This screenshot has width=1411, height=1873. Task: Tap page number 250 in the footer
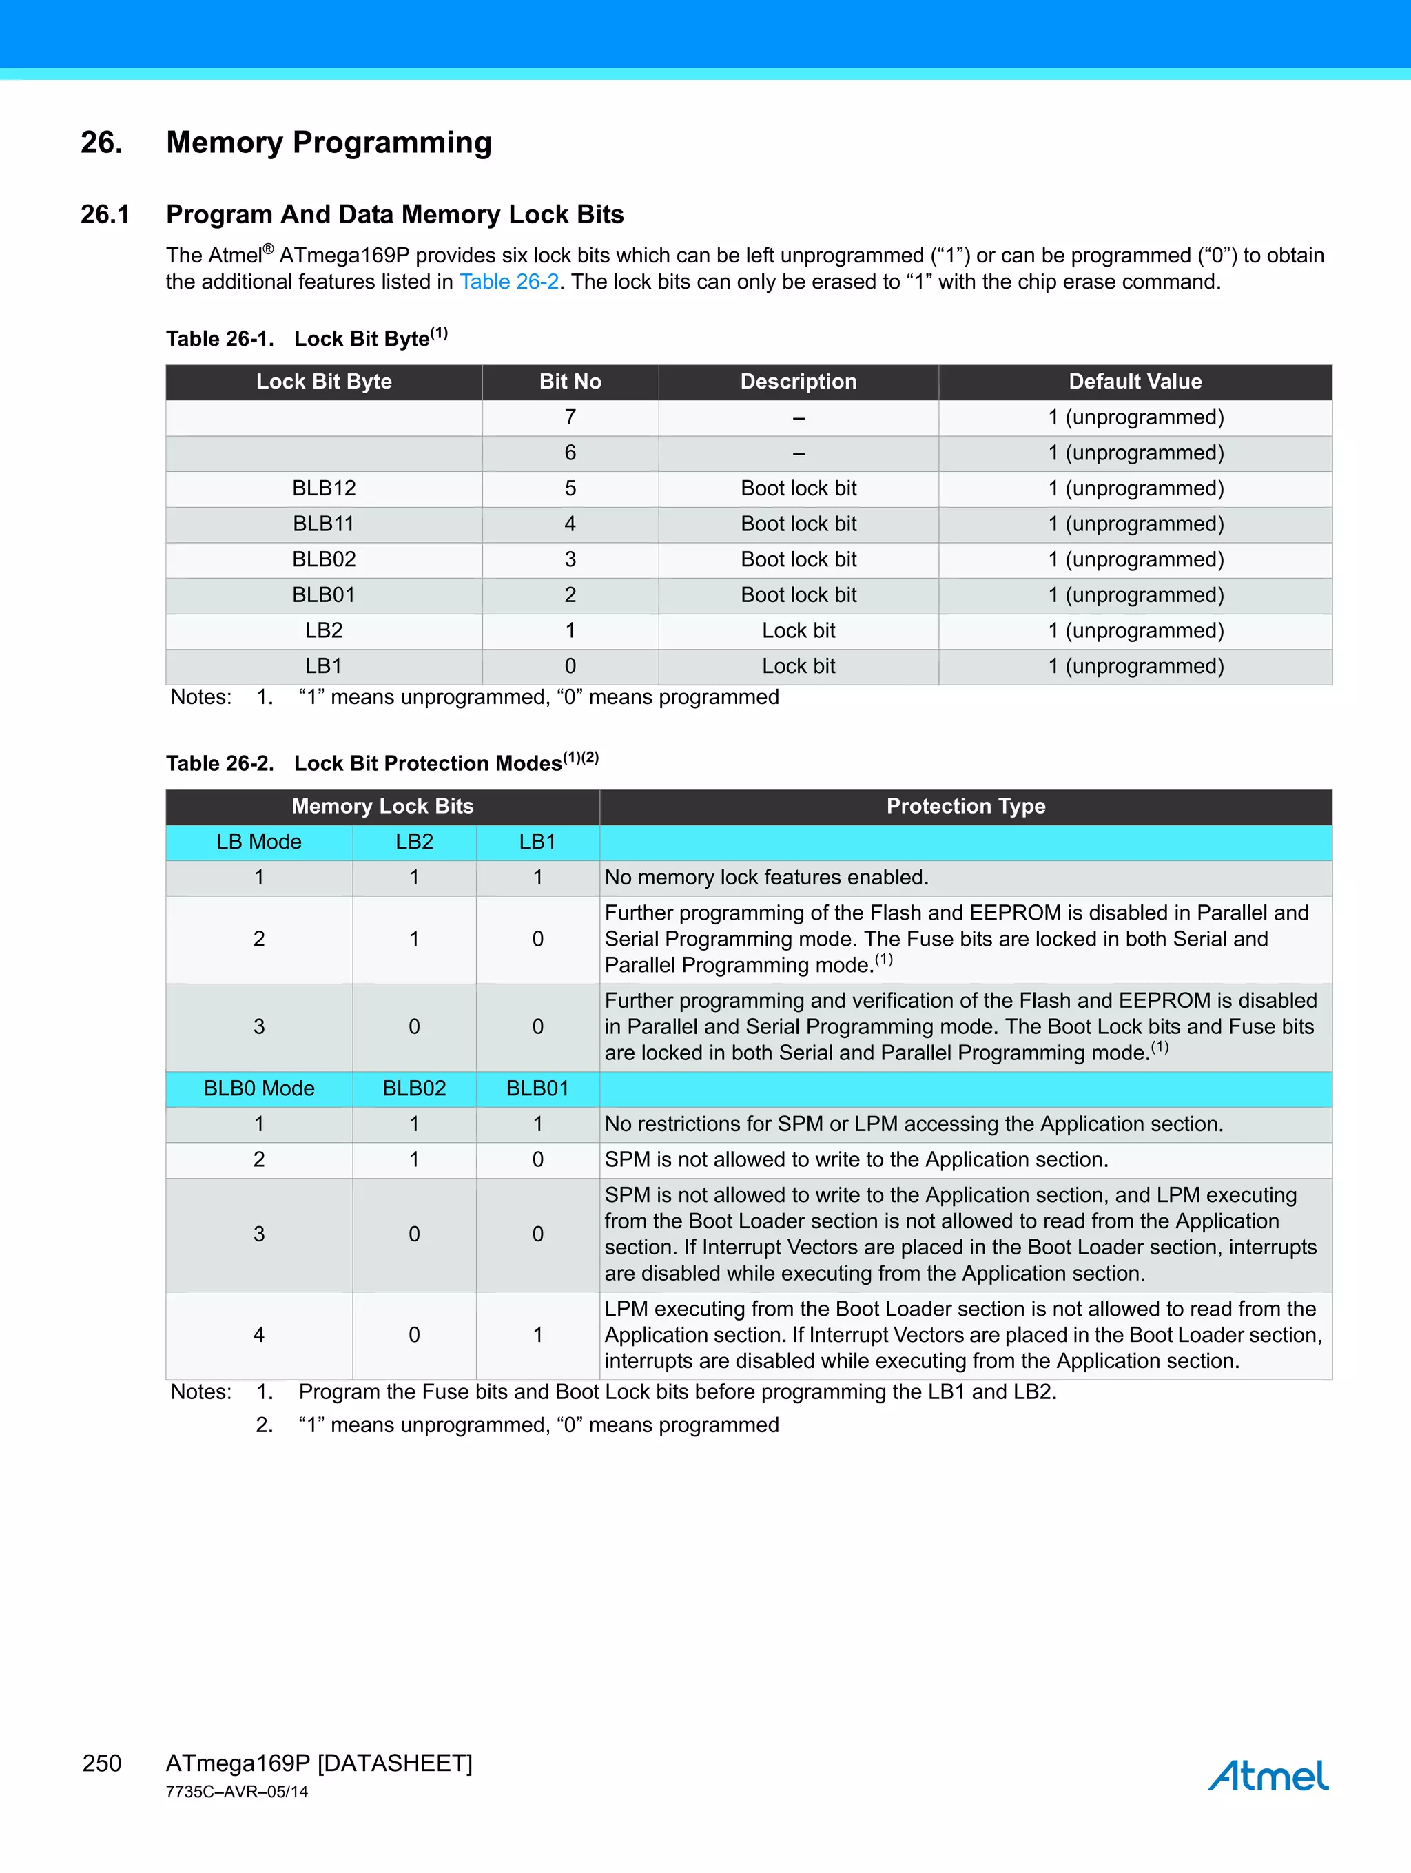click(x=102, y=1763)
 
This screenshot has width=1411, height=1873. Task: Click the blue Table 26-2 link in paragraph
click(x=509, y=282)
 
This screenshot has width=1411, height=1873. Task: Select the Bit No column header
click(x=570, y=382)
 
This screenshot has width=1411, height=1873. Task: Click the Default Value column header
click(x=1134, y=382)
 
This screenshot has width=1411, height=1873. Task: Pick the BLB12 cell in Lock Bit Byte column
click(x=324, y=488)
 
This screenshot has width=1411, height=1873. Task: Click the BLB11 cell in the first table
click(x=324, y=524)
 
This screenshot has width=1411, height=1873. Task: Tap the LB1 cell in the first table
click(x=324, y=666)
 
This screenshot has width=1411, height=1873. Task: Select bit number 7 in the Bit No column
click(x=570, y=417)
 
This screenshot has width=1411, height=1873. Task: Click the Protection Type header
click(x=965, y=806)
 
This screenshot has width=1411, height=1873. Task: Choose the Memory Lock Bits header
click(x=382, y=806)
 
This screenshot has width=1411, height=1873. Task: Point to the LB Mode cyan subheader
click(x=258, y=842)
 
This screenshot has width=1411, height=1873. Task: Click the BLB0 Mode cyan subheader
click(x=258, y=1088)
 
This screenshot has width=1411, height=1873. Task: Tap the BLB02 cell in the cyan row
click(x=414, y=1088)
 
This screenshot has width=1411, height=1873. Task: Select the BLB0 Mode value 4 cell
click(x=258, y=1334)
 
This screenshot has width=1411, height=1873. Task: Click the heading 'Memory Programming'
click(x=329, y=143)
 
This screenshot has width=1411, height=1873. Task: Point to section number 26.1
click(x=105, y=214)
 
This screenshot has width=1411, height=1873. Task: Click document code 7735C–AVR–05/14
click(x=237, y=1792)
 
